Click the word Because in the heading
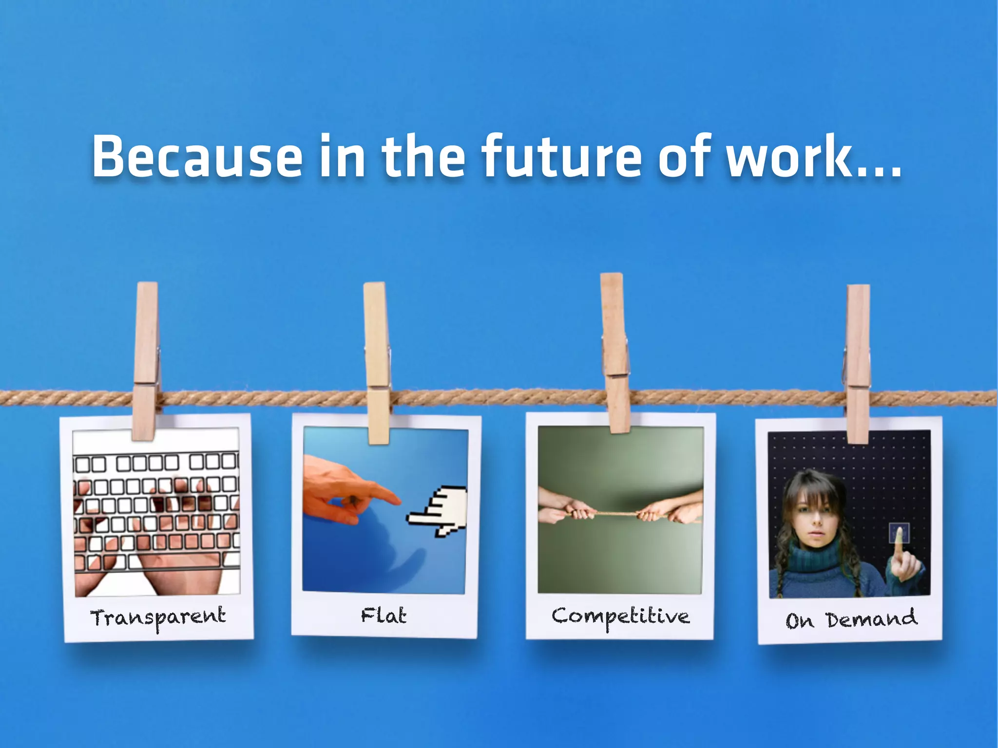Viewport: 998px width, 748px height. tap(197, 157)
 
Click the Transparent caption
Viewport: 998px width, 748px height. tap(158, 617)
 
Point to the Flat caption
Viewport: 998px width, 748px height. tap(384, 616)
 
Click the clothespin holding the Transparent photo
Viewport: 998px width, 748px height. tap(145, 360)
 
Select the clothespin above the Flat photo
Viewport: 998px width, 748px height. tap(377, 363)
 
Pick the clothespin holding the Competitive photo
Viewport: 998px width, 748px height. tap(615, 353)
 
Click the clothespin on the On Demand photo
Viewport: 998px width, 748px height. tap(858, 364)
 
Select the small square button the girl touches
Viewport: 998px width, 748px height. tap(899, 533)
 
